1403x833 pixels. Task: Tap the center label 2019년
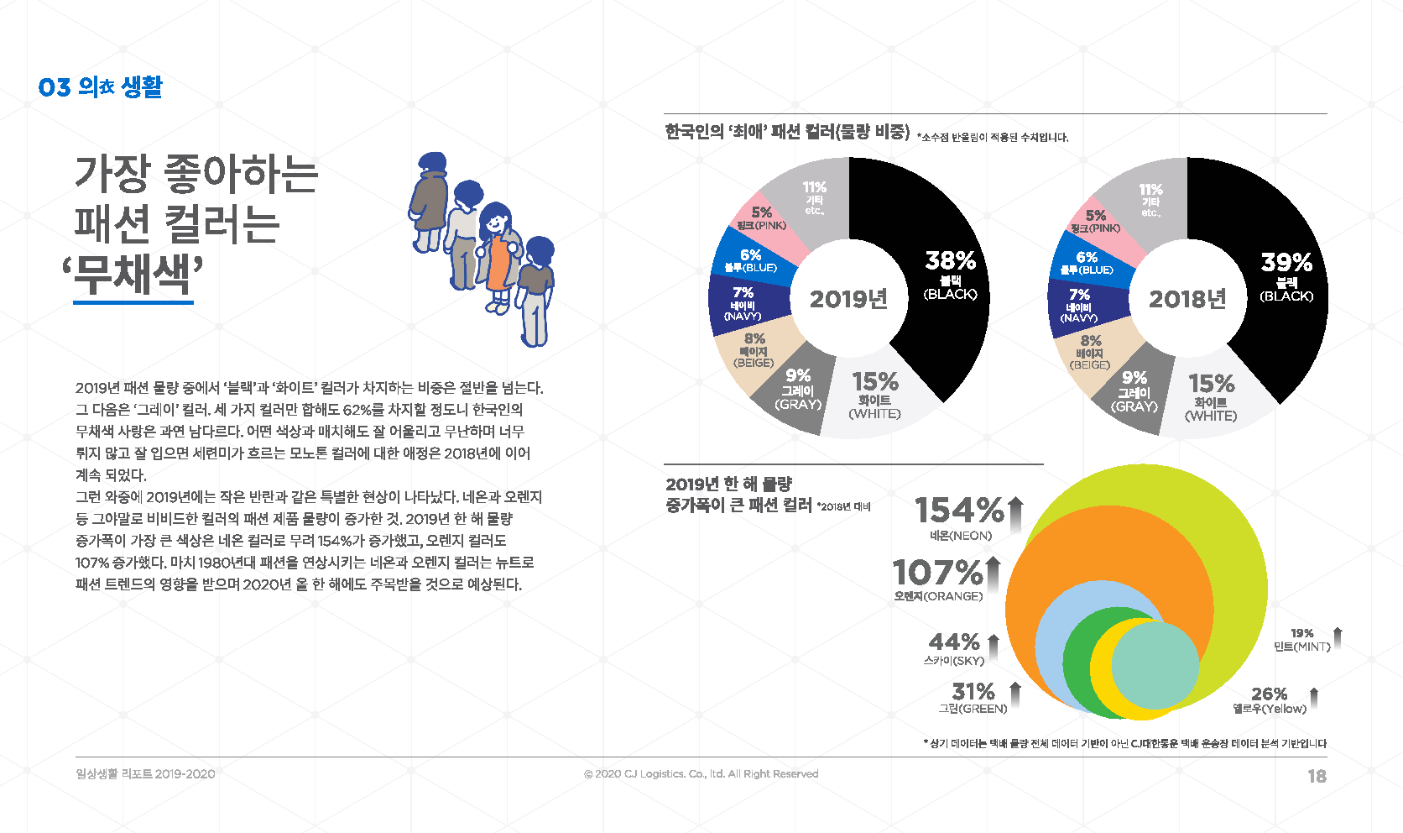848,299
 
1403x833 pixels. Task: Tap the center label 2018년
1187,299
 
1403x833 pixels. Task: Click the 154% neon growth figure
960,510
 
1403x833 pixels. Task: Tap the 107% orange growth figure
937,572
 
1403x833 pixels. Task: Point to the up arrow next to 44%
993,646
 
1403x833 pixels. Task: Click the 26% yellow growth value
1269,694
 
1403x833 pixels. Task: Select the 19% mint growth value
1301,633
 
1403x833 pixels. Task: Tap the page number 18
1317,776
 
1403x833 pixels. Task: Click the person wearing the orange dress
498,257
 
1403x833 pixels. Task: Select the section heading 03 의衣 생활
100,86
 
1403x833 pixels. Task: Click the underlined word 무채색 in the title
133,275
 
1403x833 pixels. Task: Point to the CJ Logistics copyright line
701,774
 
